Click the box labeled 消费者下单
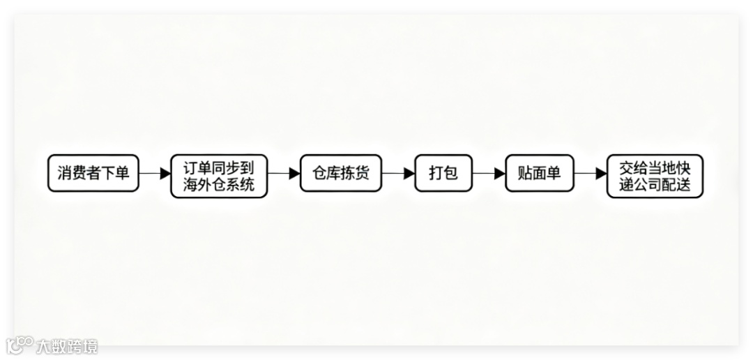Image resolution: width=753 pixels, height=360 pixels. [x=93, y=173]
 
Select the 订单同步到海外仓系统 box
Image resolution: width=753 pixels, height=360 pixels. [x=219, y=177]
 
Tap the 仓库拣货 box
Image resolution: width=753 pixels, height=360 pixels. [x=341, y=173]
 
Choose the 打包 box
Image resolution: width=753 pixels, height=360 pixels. [x=443, y=173]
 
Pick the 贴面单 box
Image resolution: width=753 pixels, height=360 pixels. [x=539, y=173]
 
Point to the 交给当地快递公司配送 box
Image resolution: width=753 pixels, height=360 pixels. [x=654, y=177]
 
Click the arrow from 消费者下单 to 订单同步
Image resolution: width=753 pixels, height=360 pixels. [x=155, y=174]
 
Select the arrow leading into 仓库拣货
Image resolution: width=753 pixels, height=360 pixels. [x=284, y=174]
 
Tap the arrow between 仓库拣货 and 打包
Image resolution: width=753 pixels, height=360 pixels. [x=398, y=174]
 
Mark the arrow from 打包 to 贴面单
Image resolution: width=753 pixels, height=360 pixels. [x=489, y=174]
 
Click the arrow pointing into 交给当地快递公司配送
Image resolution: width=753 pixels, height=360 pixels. [x=590, y=174]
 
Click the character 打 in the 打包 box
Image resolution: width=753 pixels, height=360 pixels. [x=436, y=173]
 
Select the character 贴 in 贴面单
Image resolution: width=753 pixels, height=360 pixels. [x=525, y=173]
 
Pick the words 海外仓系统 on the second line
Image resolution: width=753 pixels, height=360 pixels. [x=219, y=185]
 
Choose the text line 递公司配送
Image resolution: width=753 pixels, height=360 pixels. [x=654, y=186]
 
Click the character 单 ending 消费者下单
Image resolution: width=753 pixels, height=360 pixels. [x=122, y=173]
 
